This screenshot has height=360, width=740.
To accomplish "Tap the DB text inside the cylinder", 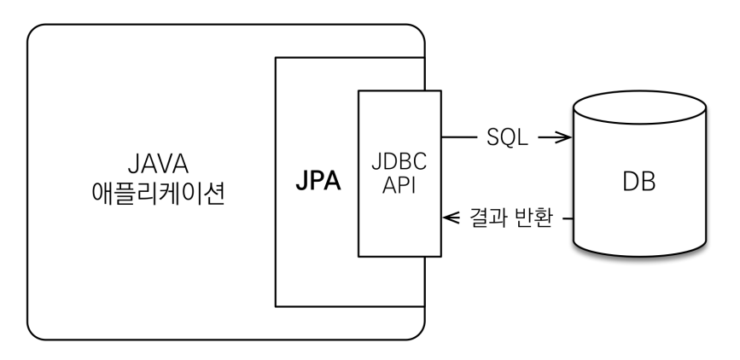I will (x=639, y=183).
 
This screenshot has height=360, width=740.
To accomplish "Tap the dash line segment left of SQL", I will (x=462, y=136).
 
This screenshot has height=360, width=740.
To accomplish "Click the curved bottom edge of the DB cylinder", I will (x=639, y=257).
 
